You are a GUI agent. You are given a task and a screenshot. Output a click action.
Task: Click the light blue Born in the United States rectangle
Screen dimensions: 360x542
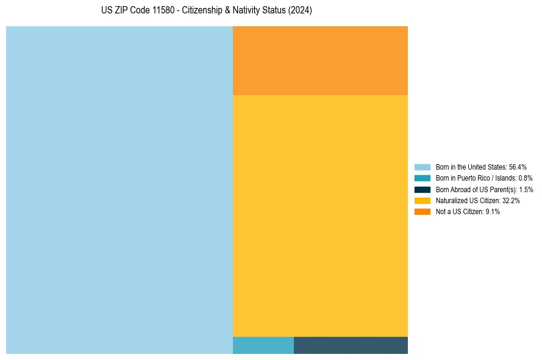coord(119,190)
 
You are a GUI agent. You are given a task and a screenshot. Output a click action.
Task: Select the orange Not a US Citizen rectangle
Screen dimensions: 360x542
coord(320,60)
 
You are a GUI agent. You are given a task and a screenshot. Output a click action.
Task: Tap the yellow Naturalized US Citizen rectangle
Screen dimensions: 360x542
coord(320,215)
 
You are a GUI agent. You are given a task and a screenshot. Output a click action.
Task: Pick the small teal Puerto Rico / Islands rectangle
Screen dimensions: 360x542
coord(263,345)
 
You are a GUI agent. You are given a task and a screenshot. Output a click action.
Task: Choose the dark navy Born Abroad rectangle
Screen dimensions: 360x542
coord(351,345)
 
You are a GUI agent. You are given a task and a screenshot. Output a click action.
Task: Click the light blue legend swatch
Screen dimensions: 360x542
coord(423,167)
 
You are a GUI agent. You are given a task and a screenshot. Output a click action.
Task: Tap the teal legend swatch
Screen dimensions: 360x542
coord(423,178)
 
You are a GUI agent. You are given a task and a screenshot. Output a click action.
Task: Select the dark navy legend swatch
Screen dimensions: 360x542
coord(423,189)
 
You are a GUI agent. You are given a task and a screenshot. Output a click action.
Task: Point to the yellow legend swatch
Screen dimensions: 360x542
coord(423,200)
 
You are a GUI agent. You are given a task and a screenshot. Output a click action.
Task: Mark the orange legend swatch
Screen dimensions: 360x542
coord(423,212)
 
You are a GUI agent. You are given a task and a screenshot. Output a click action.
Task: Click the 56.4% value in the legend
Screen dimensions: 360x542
coord(518,167)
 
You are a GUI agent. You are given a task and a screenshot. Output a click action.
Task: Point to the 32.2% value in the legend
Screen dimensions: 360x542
coord(511,200)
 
